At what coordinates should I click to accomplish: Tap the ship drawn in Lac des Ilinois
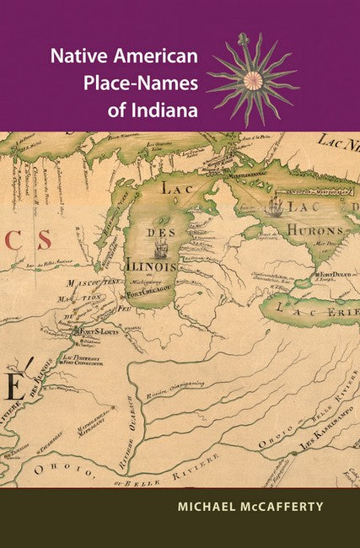click(162, 249)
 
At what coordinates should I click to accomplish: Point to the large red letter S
click(44, 239)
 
